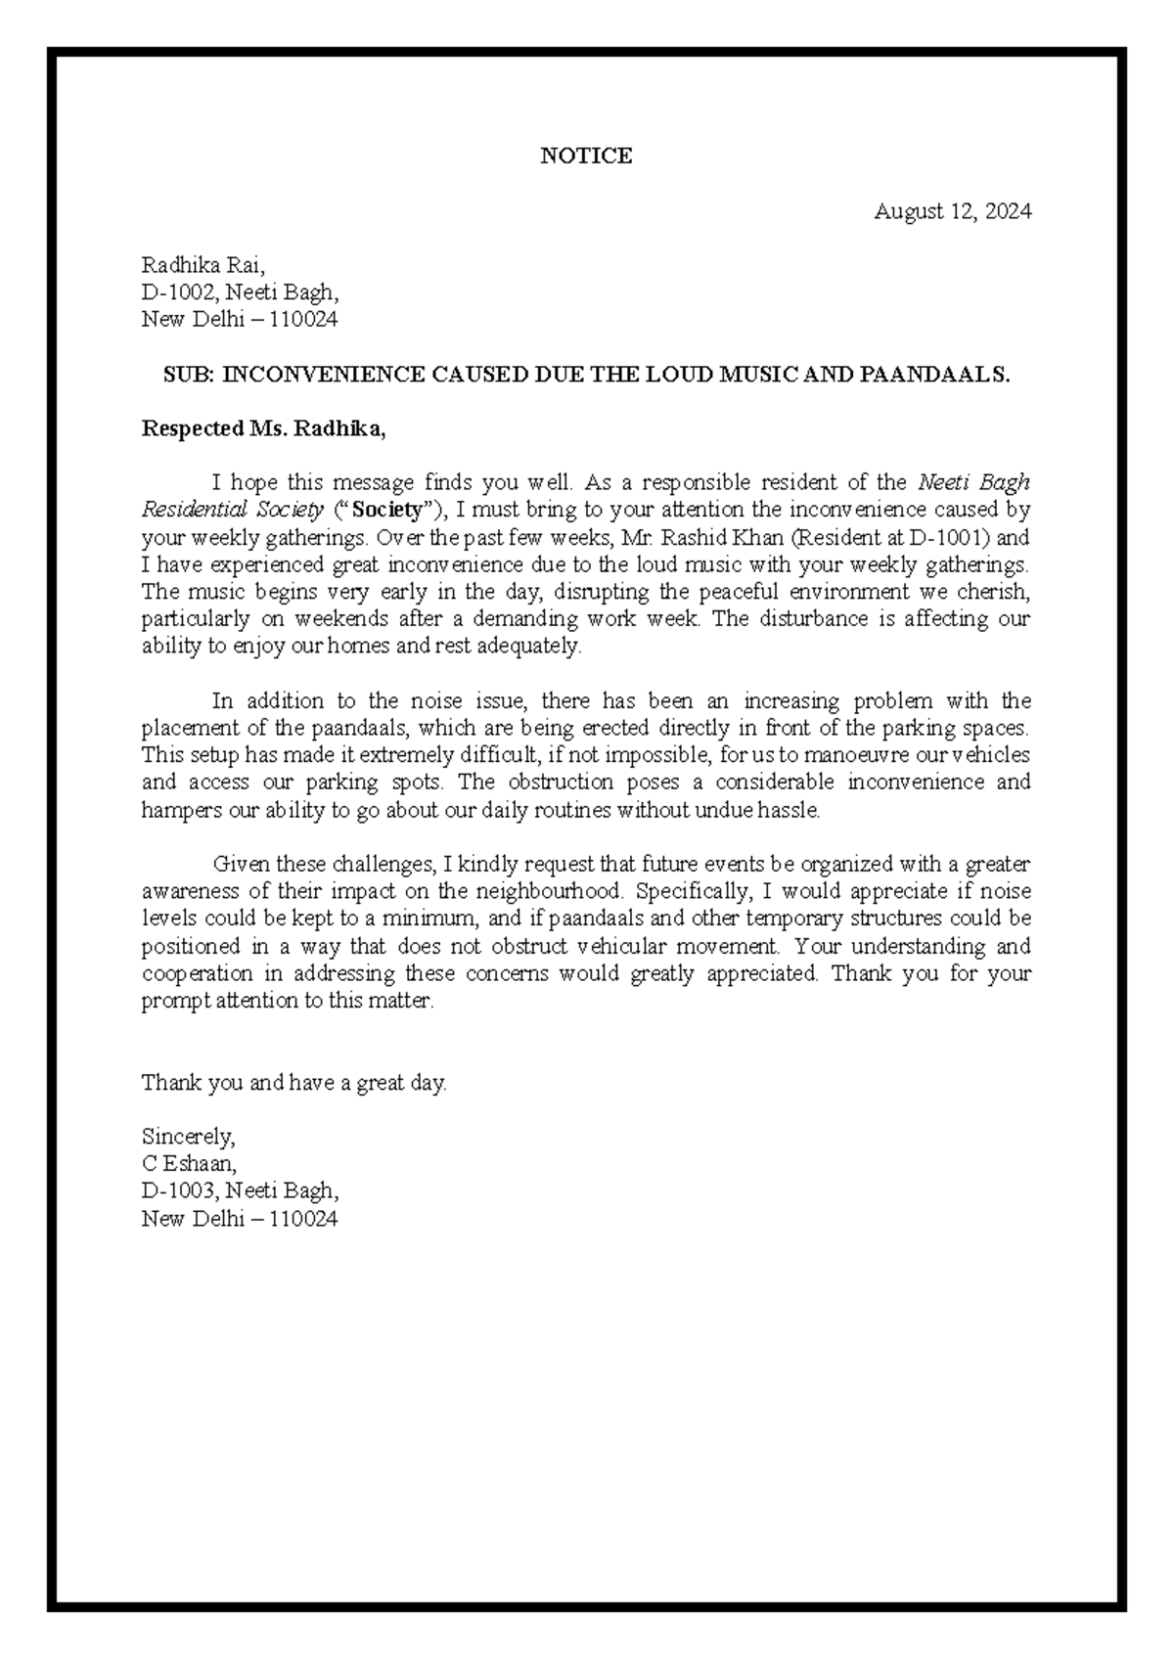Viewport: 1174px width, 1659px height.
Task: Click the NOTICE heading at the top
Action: [x=586, y=156]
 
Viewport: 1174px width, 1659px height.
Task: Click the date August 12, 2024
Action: [x=952, y=210]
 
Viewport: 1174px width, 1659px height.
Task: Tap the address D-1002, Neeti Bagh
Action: [x=241, y=291]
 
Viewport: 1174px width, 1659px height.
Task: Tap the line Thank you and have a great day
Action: [x=293, y=1083]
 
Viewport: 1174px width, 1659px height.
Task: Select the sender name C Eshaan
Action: [x=189, y=1164]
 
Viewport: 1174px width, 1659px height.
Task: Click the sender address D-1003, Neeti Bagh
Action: [x=241, y=1190]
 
